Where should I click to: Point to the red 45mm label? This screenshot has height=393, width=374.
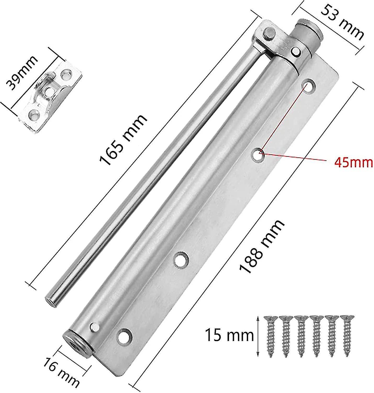[353, 163]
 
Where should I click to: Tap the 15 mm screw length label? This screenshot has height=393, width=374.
[229, 336]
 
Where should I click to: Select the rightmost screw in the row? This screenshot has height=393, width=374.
[347, 336]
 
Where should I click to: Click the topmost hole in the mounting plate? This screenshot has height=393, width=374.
[309, 86]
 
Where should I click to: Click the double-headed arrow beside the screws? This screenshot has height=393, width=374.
[258, 336]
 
